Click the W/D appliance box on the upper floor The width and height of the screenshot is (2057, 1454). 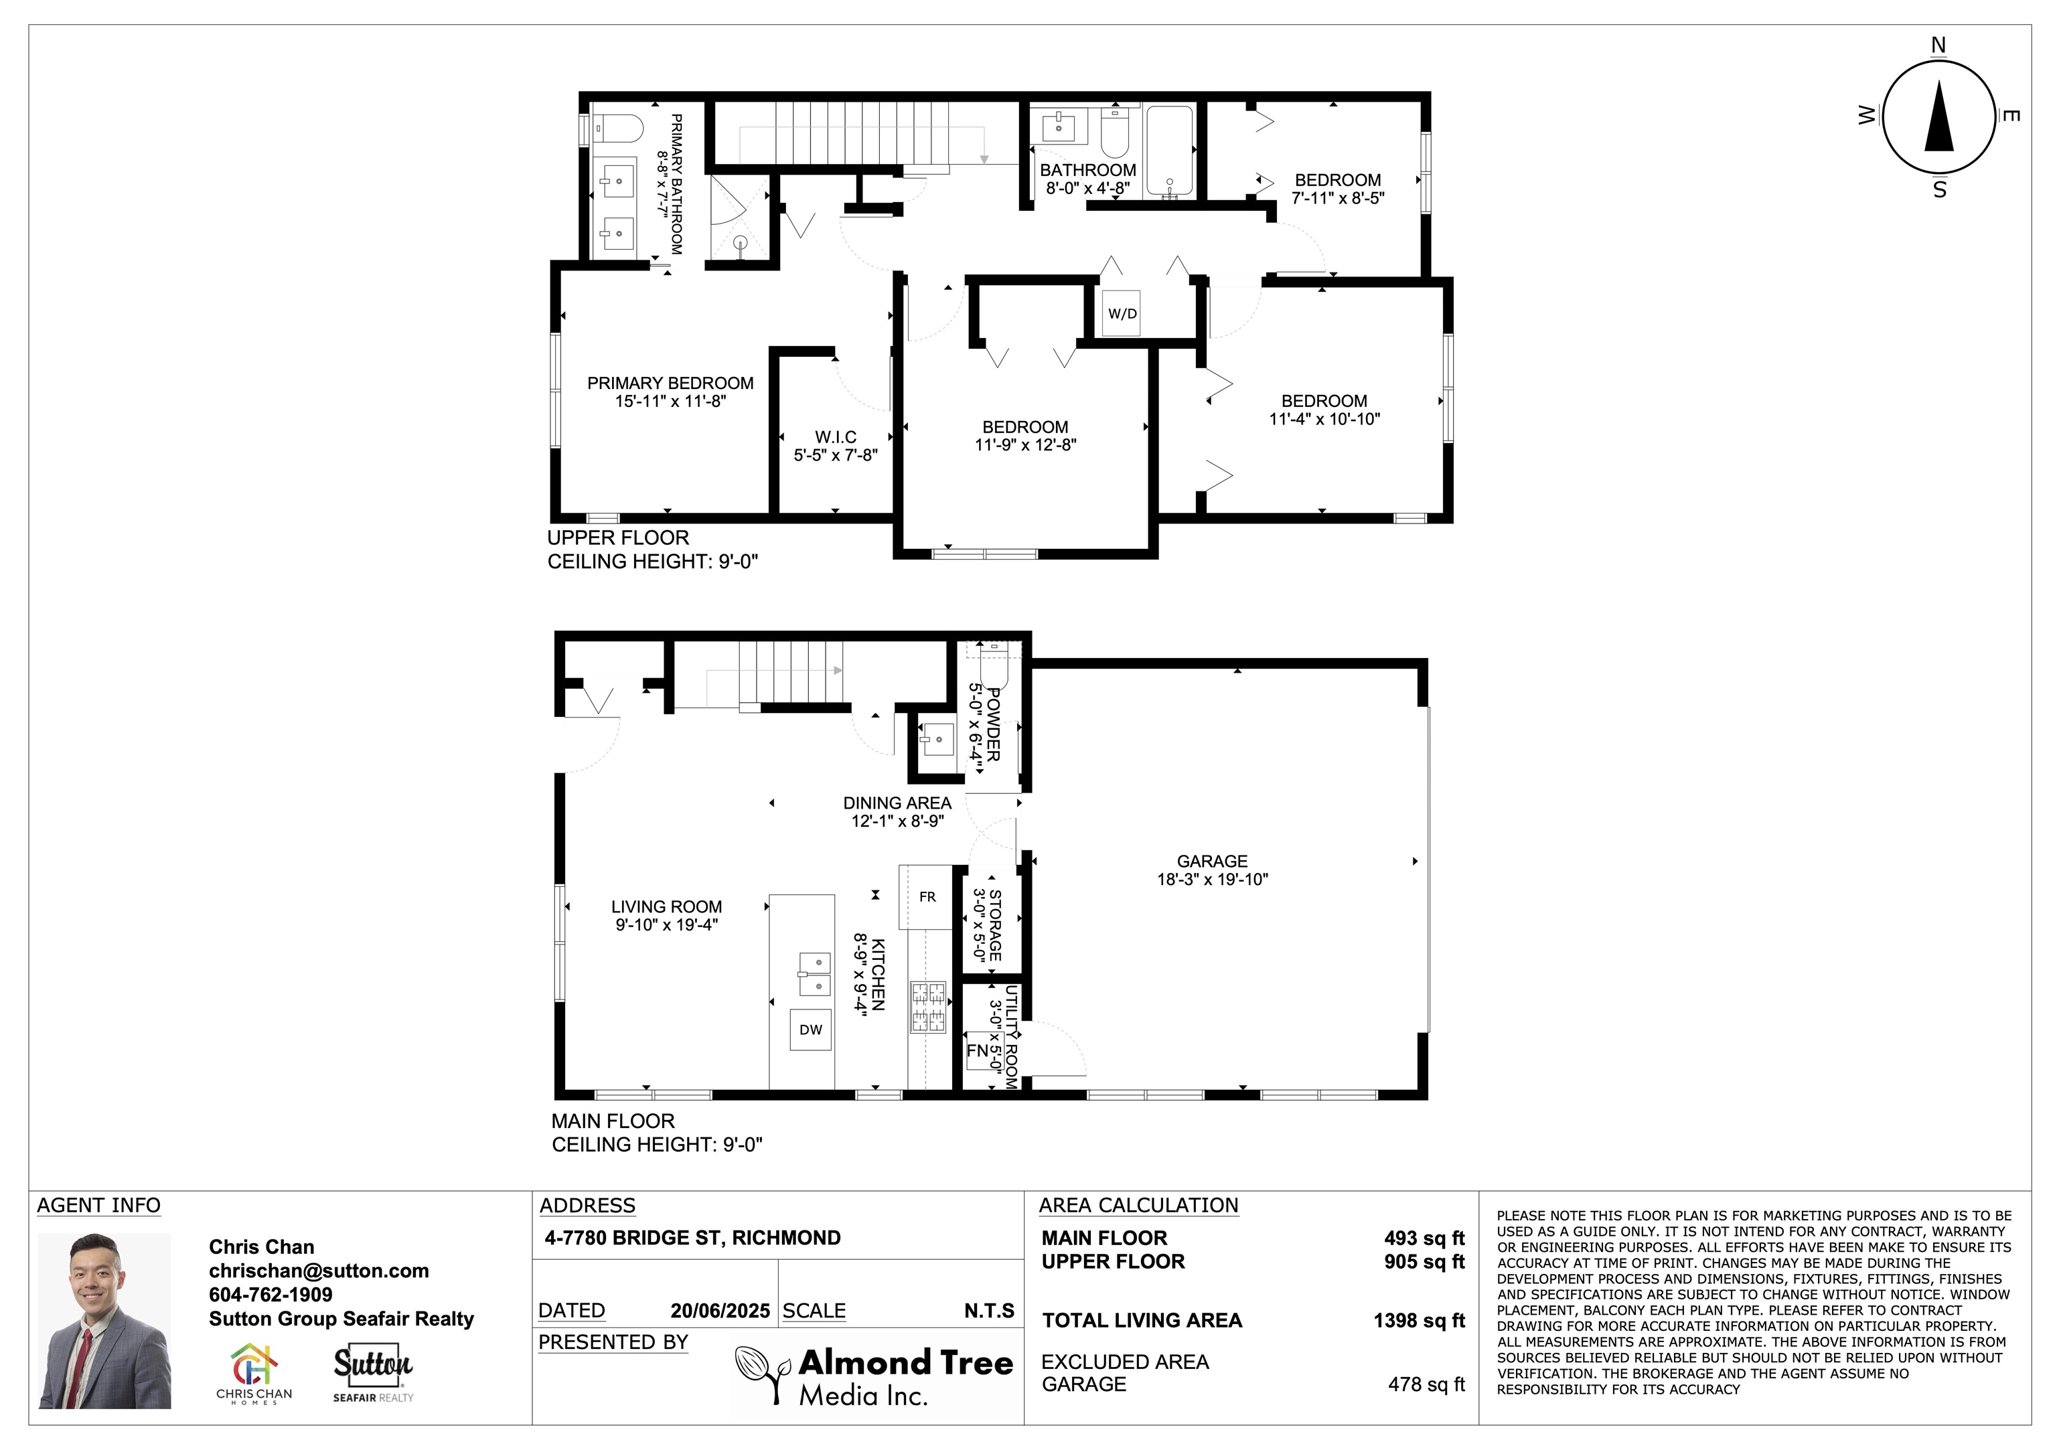[x=1121, y=313]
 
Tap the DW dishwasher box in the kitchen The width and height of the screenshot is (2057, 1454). [x=810, y=1030]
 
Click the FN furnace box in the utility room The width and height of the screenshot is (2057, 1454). [x=978, y=1050]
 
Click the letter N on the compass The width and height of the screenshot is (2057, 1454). [x=1938, y=45]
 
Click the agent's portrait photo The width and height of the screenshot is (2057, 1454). [x=104, y=1321]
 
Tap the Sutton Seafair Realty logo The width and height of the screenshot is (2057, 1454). [x=373, y=1372]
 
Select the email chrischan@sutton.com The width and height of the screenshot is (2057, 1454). [x=318, y=1271]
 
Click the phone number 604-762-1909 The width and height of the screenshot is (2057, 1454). [x=270, y=1295]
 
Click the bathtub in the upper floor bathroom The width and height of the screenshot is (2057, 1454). [x=1169, y=151]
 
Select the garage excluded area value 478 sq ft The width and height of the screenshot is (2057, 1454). [x=1426, y=1384]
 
